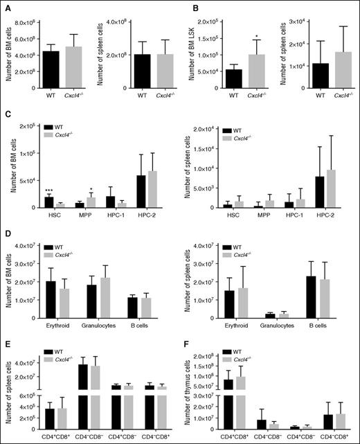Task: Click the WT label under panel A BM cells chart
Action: click(x=51, y=98)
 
